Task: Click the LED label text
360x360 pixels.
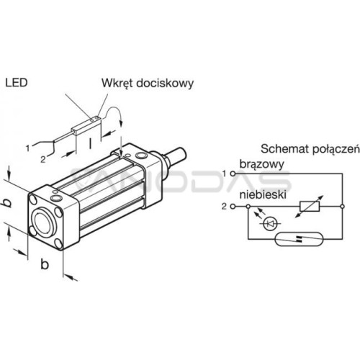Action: (17, 83)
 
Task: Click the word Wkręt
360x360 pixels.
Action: (117, 84)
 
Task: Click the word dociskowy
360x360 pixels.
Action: (165, 84)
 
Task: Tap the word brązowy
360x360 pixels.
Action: (262, 165)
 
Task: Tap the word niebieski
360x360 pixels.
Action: (263, 194)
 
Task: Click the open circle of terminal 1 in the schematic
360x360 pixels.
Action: (233, 174)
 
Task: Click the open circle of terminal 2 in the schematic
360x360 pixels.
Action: (233, 207)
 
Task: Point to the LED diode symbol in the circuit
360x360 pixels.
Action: (271, 224)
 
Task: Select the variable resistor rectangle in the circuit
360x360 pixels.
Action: (310, 207)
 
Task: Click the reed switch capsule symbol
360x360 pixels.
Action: (300, 238)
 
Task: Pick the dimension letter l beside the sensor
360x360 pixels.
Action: (90, 143)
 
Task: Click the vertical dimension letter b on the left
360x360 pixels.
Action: (8, 203)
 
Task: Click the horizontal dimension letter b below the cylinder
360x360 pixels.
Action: (45, 264)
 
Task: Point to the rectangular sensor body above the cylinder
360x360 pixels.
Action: (89, 125)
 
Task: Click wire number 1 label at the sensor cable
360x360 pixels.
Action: (28, 148)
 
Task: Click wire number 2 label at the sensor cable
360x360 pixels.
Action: (43, 159)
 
